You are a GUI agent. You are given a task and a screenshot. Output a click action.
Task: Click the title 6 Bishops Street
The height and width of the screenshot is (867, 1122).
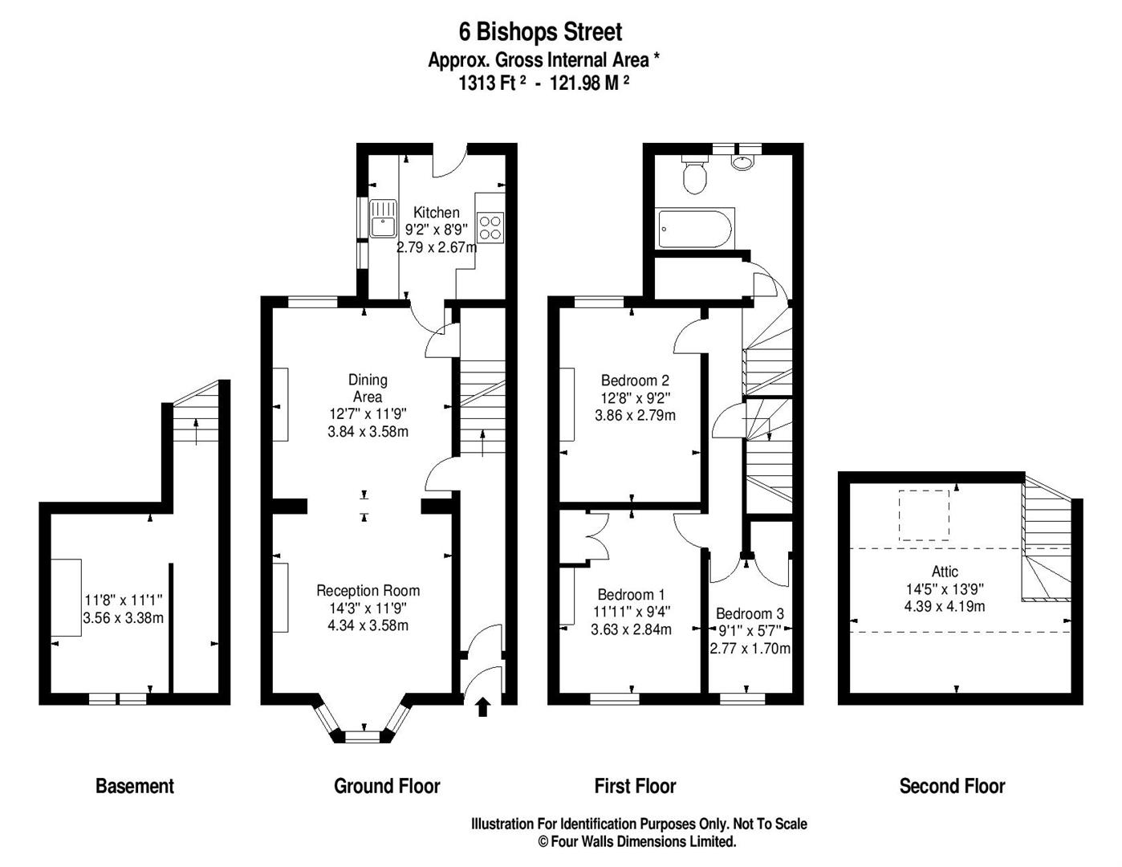coord(540,32)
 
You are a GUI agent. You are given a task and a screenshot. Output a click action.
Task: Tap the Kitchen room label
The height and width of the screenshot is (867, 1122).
coord(437,212)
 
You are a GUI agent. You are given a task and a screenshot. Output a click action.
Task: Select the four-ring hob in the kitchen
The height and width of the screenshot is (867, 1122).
coord(490,228)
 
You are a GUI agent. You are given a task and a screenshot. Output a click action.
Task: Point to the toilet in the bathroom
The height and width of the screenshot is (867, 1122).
coord(694,174)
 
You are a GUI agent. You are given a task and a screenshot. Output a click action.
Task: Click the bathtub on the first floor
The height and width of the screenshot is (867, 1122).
coord(694,230)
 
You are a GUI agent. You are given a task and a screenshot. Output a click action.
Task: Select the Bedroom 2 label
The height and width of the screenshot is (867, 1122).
coord(635,381)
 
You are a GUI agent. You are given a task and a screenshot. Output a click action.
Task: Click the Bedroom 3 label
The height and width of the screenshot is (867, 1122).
coord(750,613)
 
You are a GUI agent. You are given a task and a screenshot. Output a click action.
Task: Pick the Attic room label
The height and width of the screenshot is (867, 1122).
coord(945,571)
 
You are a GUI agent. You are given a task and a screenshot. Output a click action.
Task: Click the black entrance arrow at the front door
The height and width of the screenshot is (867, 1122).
coord(483,707)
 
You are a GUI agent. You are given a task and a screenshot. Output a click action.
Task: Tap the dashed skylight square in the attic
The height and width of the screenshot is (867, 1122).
coord(925,515)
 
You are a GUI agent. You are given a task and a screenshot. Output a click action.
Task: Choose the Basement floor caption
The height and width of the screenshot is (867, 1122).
coord(135,786)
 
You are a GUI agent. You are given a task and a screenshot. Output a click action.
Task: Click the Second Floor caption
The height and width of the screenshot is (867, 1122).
coord(952,786)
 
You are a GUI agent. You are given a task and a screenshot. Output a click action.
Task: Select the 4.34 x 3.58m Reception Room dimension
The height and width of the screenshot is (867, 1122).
coord(368,625)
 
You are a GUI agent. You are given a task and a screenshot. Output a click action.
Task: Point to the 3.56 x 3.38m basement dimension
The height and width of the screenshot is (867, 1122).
coord(124,617)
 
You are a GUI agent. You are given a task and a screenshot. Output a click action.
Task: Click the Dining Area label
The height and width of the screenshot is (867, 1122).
coord(368,389)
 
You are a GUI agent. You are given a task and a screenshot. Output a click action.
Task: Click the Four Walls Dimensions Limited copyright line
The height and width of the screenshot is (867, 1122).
coord(637,841)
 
